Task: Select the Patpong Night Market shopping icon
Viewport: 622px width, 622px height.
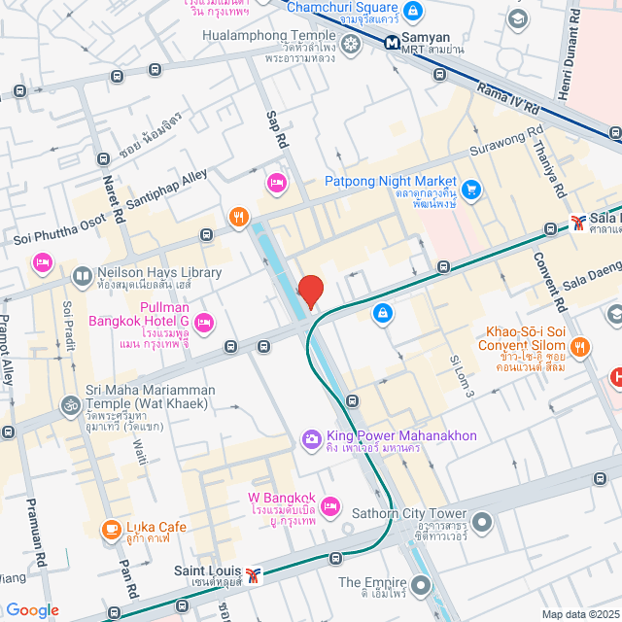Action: tap(472, 188)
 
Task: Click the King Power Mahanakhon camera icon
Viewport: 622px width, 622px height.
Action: tap(312, 439)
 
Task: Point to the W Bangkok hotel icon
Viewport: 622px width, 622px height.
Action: tap(330, 504)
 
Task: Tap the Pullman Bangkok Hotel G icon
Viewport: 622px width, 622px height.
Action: tap(204, 322)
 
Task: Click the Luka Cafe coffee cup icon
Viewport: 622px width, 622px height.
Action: tap(112, 530)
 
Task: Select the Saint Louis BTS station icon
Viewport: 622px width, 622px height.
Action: tap(254, 574)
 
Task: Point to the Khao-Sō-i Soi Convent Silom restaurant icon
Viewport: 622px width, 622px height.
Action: tap(580, 345)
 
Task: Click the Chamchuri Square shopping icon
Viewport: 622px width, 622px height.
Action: tap(413, 11)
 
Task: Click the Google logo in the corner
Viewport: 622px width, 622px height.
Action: tap(32, 609)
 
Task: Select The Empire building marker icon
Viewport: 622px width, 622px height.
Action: tap(420, 584)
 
